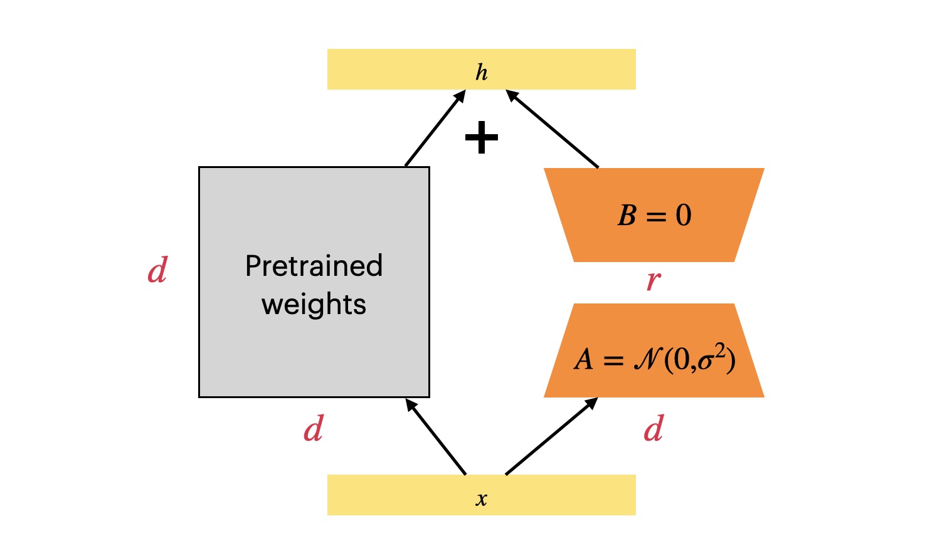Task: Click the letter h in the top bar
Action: pyautogui.click(x=481, y=73)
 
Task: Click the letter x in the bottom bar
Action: pyautogui.click(x=481, y=500)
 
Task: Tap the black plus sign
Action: pyautogui.click(x=482, y=138)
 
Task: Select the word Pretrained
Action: pyautogui.click(x=314, y=266)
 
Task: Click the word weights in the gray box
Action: pyautogui.click(x=314, y=305)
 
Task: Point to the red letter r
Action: pyautogui.click(x=653, y=282)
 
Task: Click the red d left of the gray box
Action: pyautogui.click(x=157, y=271)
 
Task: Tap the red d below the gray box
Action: pyautogui.click(x=314, y=429)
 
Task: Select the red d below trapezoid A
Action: pyautogui.click(x=653, y=429)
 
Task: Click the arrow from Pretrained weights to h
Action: pyautogui.click(x=435, y=129)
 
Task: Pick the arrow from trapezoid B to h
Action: pyautogui.click(x=552, y=129)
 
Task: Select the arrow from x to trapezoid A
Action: pyautogui.click(x=551, y=436)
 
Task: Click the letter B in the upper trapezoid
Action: pyautogui.click(x=627, y=216)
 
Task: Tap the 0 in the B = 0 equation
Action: pyautogui.click(x=684, y=216)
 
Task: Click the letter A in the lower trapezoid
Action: pyautogui.click(x=583, y=360)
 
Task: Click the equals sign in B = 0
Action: pyautogui.click(x=656, y=217)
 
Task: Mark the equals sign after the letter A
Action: pyautogui.click(x=613, y=361)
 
